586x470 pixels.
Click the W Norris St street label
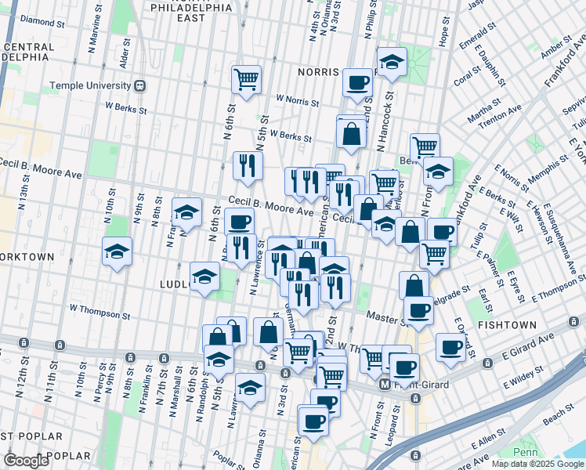(297, 101)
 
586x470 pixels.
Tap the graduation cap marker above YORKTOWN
(117, 251)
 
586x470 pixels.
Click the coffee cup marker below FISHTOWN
(450, 347)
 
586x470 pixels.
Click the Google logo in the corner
(27, 461)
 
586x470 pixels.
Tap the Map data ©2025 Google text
(537, 464)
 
